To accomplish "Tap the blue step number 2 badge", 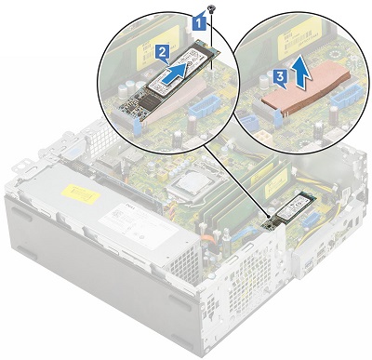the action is coord(162,53).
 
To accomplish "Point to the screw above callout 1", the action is coord(213,8).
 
